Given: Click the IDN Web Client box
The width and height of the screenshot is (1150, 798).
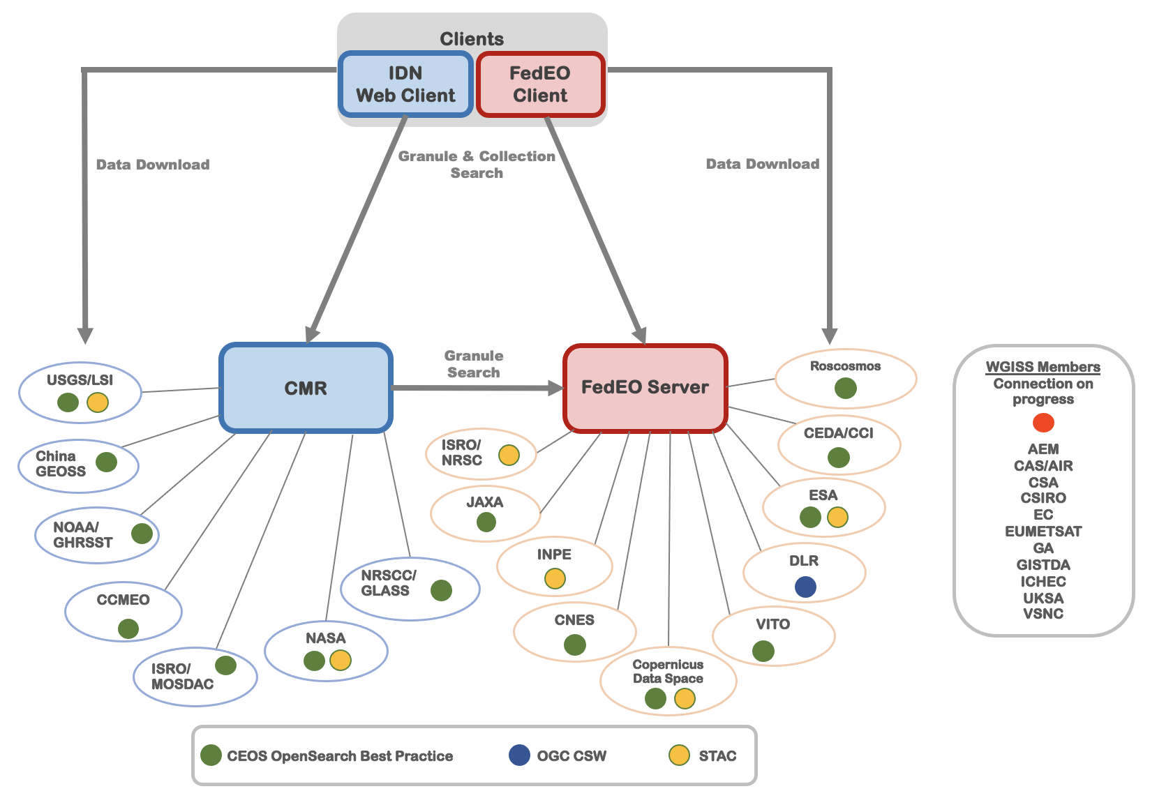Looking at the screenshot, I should pos(405,84).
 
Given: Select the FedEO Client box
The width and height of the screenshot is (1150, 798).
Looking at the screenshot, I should pos(540,84).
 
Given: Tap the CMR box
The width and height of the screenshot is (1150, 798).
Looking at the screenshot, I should pos(306,388).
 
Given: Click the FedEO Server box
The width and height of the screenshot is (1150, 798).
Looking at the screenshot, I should pos(645,387).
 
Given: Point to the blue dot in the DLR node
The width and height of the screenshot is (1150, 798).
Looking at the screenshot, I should pos(805,587).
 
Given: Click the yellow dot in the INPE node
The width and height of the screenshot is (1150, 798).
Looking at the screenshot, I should pos(555,578).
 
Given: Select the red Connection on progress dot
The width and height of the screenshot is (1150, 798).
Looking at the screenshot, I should pos(1043,423).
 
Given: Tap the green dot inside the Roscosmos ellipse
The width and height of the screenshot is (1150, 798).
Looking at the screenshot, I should pos(846,388).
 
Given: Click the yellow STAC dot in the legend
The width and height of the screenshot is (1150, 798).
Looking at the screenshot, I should pos(679,755).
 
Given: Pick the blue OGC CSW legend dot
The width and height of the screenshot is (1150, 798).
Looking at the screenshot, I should pos(519,755).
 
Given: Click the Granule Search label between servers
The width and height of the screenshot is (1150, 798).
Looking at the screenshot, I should pos(474,364).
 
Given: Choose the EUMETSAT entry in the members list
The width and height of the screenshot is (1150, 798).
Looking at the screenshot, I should pos(1043,532).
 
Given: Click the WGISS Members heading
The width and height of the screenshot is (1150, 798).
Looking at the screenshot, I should pos(1043,367).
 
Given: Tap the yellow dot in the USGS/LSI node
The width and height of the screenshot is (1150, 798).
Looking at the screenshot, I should pos(98,402).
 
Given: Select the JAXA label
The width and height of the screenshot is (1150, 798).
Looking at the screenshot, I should pos(485,502).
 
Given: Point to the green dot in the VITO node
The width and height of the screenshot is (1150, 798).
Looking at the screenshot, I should pos(763,652).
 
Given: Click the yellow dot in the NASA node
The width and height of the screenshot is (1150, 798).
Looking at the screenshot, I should pos(341,660).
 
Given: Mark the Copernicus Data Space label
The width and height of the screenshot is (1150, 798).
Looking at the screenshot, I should pos(668,671).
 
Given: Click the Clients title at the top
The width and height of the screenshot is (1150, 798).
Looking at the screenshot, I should pos(472,39).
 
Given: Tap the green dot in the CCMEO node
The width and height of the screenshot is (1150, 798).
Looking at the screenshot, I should pos(128,628).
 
